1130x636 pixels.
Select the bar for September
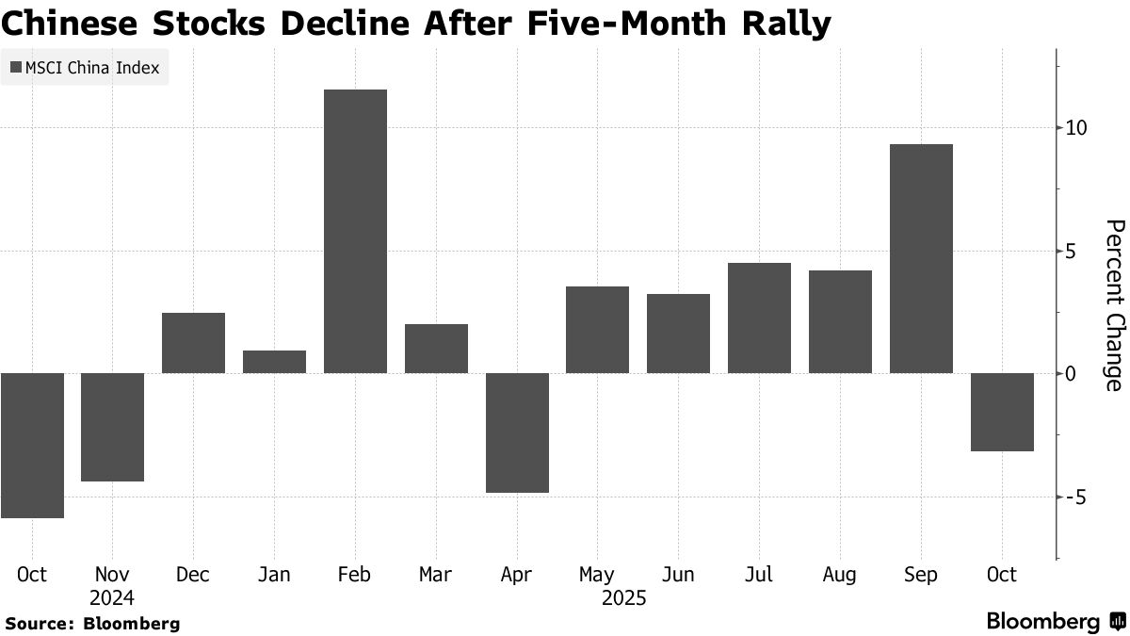point(921,258)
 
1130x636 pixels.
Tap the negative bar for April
point(517,432)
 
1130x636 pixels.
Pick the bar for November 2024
point(112,427)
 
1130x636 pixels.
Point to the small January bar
point(274,362)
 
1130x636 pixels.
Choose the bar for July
point(759,318)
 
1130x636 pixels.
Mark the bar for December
point(193,343)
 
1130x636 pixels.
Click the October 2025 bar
point(1002,412)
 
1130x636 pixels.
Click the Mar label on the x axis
point(435,575)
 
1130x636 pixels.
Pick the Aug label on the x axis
point(839,575)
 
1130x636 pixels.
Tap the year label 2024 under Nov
point(112,597)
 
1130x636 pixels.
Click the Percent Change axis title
point(1114,305)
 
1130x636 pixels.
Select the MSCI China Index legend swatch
point(15,68)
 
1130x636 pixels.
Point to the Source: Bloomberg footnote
point(92,624)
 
